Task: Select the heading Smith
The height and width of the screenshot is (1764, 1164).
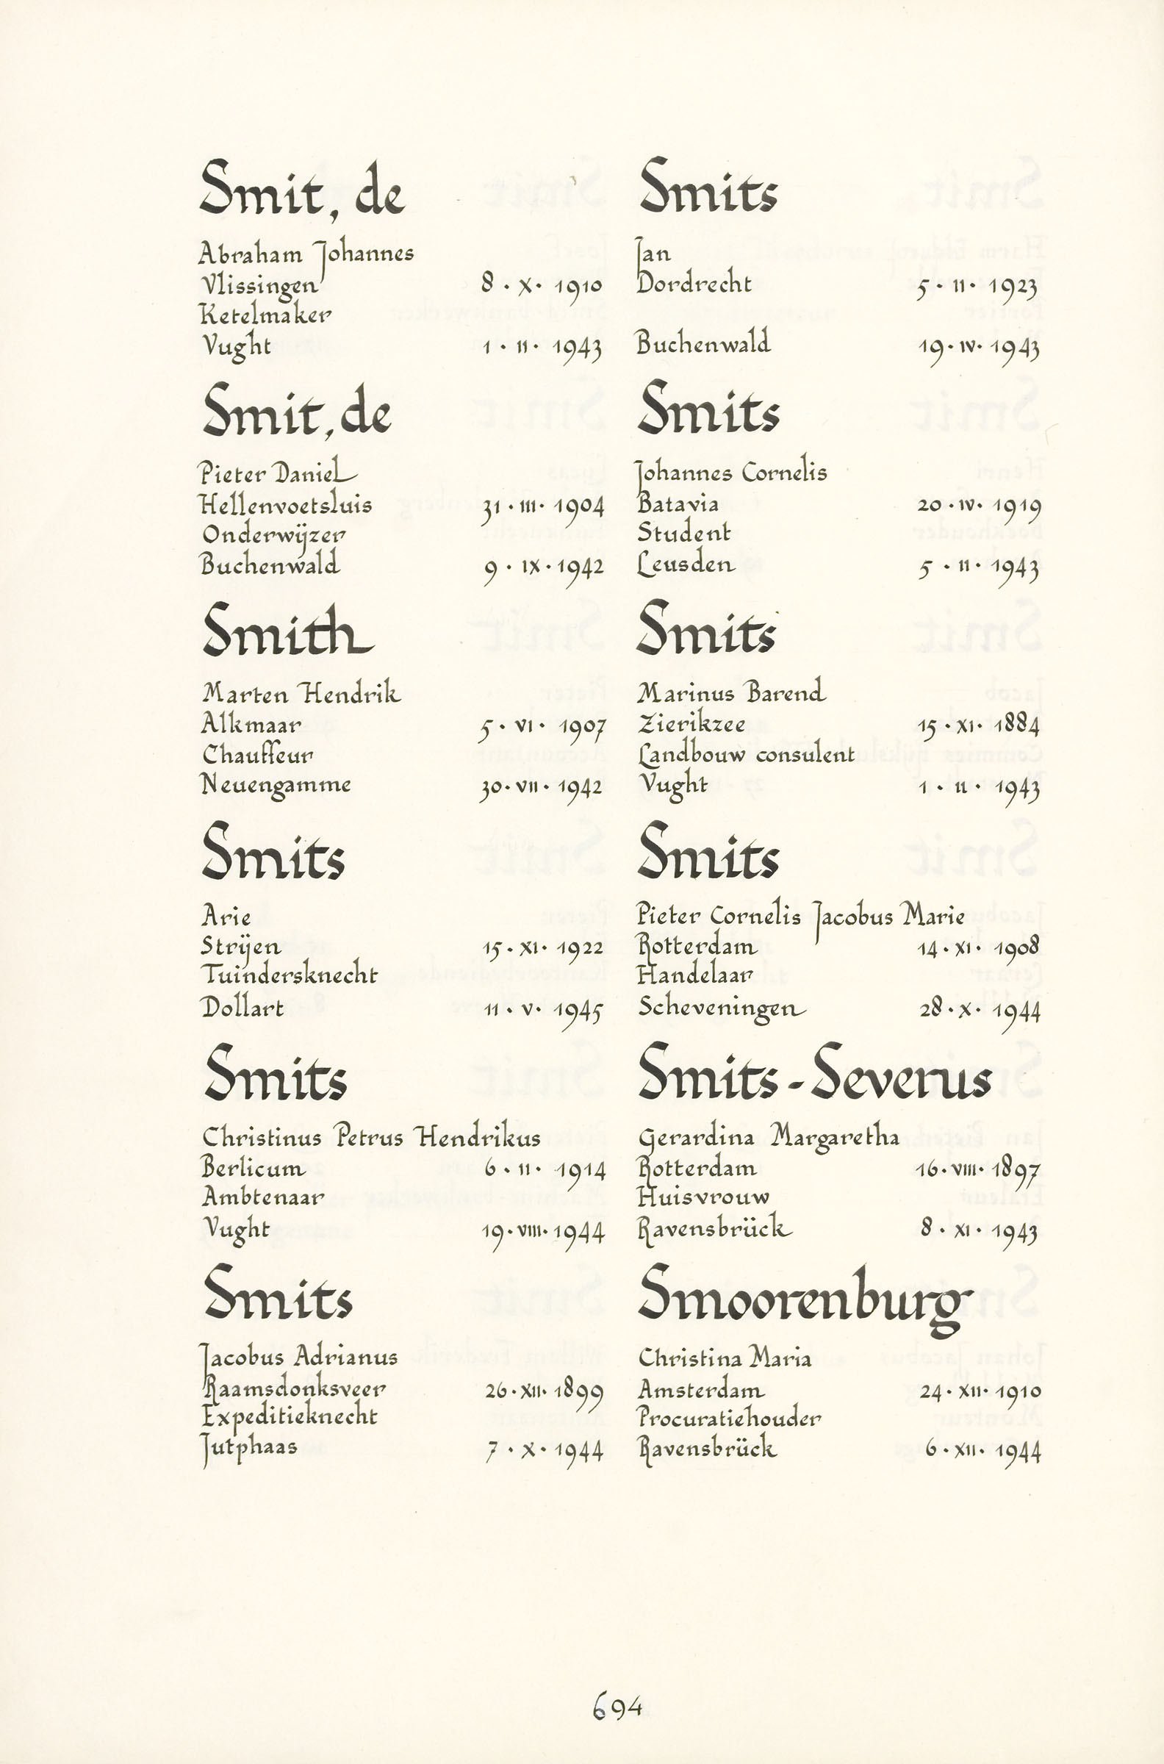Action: click(287, 631)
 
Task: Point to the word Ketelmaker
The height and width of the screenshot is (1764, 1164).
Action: click(265, 315)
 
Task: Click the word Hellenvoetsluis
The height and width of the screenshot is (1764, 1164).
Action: click(286, 505)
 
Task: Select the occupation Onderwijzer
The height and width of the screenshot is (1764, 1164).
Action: click(273, 535)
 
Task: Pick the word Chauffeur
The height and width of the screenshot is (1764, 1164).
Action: click(257, 754)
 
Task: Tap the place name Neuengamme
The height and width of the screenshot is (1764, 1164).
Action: click(276, 786)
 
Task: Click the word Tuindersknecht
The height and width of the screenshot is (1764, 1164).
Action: click(290, 975)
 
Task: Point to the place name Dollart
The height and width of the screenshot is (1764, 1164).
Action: click(242, 1007)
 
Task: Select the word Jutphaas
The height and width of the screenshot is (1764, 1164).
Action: click(249, 1447)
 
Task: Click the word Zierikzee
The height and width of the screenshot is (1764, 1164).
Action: click(690, 724)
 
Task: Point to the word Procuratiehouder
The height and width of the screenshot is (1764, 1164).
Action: click(729, 1418)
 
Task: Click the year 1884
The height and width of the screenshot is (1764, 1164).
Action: click(1017, 724)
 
